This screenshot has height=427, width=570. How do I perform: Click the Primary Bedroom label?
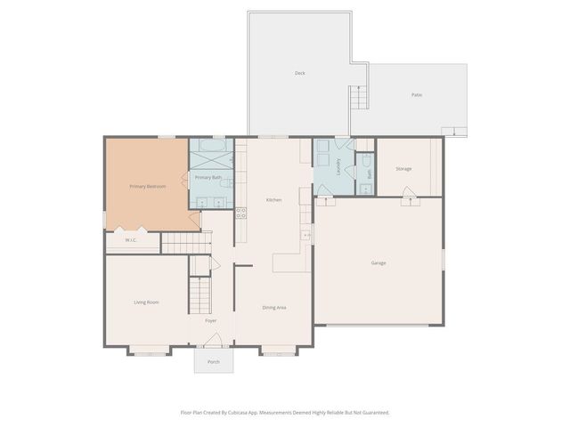pos(147,186)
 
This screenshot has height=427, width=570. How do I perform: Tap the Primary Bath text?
pos(208,178)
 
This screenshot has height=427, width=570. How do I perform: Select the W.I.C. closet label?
pos(130,239)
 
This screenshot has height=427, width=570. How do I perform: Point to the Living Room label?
pos(146,302)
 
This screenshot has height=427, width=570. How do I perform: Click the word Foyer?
pos(211,320)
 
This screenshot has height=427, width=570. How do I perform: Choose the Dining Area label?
pos(273,307)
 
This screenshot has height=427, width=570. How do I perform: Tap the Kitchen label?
pos(273,199)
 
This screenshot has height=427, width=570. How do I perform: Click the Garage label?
pos(379,262)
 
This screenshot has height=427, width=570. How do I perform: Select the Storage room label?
pos(403,168)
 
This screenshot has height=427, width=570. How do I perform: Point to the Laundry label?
pos(339,166)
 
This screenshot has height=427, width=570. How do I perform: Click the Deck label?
pos(300,73)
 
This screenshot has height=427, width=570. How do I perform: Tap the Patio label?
pos(416,94)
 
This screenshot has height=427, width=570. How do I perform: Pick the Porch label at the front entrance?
pos(214,362)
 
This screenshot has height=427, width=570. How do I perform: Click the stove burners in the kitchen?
pos(240,213)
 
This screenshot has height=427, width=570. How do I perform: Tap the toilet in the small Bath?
pos(365,161)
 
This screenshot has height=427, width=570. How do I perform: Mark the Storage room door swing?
pos(408,193)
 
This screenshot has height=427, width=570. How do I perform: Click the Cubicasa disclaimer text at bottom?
pos(285,412)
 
